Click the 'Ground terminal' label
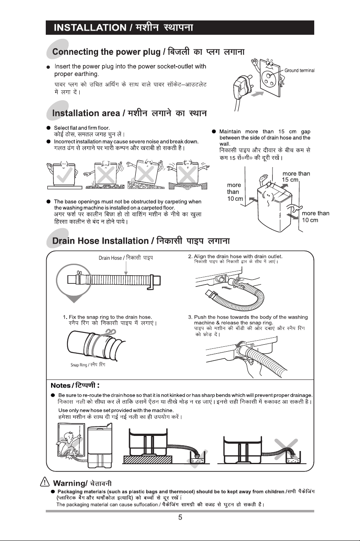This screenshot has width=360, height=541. pos(300,70)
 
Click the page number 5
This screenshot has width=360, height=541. pos(180,517)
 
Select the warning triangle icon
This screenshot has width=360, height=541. pos(45,482)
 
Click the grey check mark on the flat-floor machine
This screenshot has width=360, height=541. pos(65,175)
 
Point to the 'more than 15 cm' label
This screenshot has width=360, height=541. pos(296,177)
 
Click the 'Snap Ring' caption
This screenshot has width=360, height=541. pos(78,365)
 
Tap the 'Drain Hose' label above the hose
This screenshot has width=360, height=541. pos(110,258)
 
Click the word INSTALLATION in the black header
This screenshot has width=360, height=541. pos(90,27)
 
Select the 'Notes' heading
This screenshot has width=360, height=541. pos(60,386)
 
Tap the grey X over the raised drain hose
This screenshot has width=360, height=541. pos(286,447)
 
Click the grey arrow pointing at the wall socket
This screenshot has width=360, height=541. pos(257,94)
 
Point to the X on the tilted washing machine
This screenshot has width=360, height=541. pos(145,174)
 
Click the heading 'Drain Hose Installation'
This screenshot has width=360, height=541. pos(101,241)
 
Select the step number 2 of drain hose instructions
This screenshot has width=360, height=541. pos(190,256)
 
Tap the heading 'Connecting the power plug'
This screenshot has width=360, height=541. pos(106,52)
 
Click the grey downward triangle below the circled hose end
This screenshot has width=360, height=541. pos(74,299)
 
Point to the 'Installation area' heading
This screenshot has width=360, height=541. pos(86,113)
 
